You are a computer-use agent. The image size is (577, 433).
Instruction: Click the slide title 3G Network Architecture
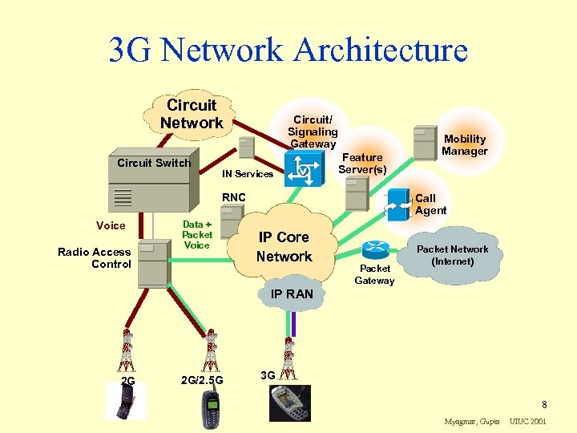[x=288, y=50]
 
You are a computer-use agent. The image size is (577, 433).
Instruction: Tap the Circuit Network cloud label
[x=191, y=114]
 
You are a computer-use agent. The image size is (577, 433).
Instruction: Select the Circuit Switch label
[x=154, y=163]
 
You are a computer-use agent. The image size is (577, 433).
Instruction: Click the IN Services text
[x=248, y=174]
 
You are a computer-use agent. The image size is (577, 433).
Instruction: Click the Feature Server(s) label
[x=362, y=164]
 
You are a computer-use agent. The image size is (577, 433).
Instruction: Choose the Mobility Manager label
[x=465, y=145]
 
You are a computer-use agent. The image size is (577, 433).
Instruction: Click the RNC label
[x=233, y=197]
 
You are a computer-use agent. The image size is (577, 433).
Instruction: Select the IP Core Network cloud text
[x=284, y=247]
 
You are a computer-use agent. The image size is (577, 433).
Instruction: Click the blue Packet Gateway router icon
[x=374, y=249]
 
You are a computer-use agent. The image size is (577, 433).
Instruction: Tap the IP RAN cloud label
[x=292, y=294]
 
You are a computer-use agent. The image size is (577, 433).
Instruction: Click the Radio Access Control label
[x=95, y=257]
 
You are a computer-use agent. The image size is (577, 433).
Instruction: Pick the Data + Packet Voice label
[x=197, y=235]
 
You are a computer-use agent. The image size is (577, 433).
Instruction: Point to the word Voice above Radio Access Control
[x=111, y=226]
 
